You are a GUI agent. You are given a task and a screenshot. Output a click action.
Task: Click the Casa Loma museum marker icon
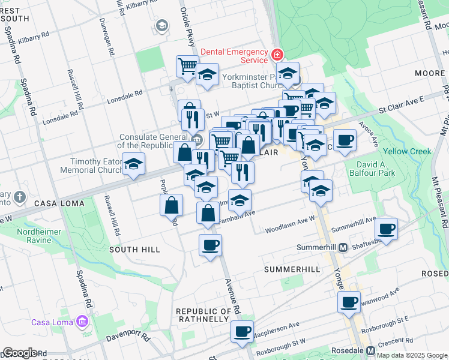point(82,323)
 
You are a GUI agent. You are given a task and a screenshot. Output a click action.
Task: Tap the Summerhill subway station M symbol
point(343,247)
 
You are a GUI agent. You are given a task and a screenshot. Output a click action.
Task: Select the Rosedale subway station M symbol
point(370,350)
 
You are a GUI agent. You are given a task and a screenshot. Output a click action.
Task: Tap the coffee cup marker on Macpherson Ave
point(243,331)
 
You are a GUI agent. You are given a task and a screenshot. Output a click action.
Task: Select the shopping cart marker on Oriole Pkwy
point(187,65)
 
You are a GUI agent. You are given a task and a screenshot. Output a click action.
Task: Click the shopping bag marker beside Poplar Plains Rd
point(172,205)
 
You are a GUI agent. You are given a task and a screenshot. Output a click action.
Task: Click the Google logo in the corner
point(20,353)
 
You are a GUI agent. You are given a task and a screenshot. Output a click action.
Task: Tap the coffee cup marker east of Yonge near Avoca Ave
point(345,140)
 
